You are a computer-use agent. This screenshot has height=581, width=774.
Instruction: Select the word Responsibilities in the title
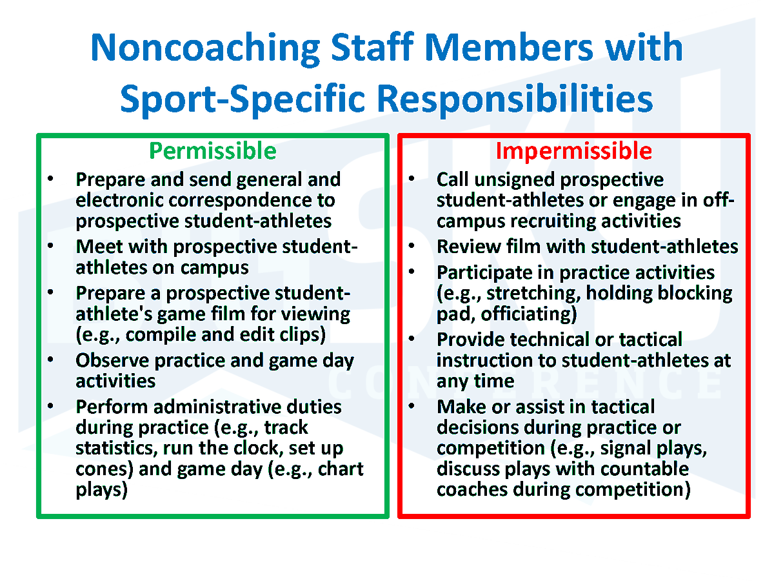pyautogui.click(x=515, y=99)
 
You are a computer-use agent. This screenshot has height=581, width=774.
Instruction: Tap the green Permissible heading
pyautogui.click(x=213, y=151)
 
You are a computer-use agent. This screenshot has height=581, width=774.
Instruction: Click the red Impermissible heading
pyautogui.click(x=573, y=151)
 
